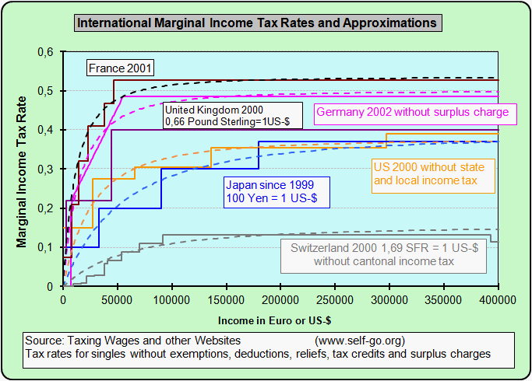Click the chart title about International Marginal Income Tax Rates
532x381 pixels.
(x=256, y=23)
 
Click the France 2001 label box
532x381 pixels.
(x=119, y=68)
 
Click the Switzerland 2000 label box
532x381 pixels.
(x=383, y=254)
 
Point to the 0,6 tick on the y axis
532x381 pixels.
(x=46, y=53)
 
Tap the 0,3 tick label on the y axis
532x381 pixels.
(x=46, y=170)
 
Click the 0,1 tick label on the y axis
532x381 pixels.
(x=46, y=247)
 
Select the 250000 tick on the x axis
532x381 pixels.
(x=335, y=298)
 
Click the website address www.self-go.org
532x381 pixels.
(x=360, y=341)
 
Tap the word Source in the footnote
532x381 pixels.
(x=44, y=341)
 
